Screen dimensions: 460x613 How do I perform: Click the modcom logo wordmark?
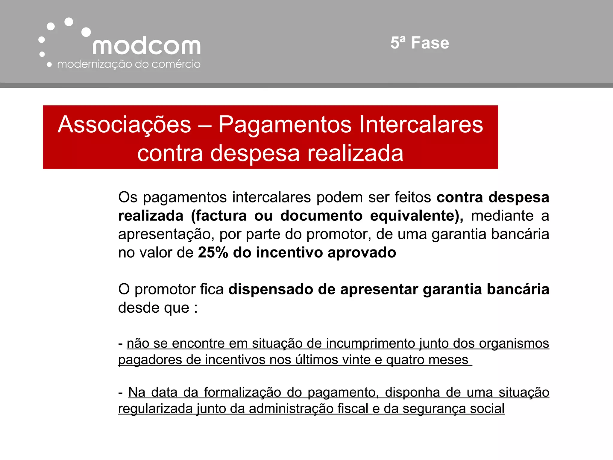[x=146, y=46]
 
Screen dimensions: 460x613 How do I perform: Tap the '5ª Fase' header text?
[x=420, y=43]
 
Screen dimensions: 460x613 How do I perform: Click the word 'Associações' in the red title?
[x=125, y=125]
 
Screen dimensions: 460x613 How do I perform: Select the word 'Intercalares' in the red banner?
[x=421, y=125]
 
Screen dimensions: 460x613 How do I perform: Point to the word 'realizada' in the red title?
[x=355, y=153]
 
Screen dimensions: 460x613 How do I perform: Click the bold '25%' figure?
[x=213, y=252]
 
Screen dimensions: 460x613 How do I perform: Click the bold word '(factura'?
[x=219, y=216]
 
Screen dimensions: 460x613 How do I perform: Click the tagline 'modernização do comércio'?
[x=129, y=64]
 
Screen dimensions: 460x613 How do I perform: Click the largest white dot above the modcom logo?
[x=86, y=32]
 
